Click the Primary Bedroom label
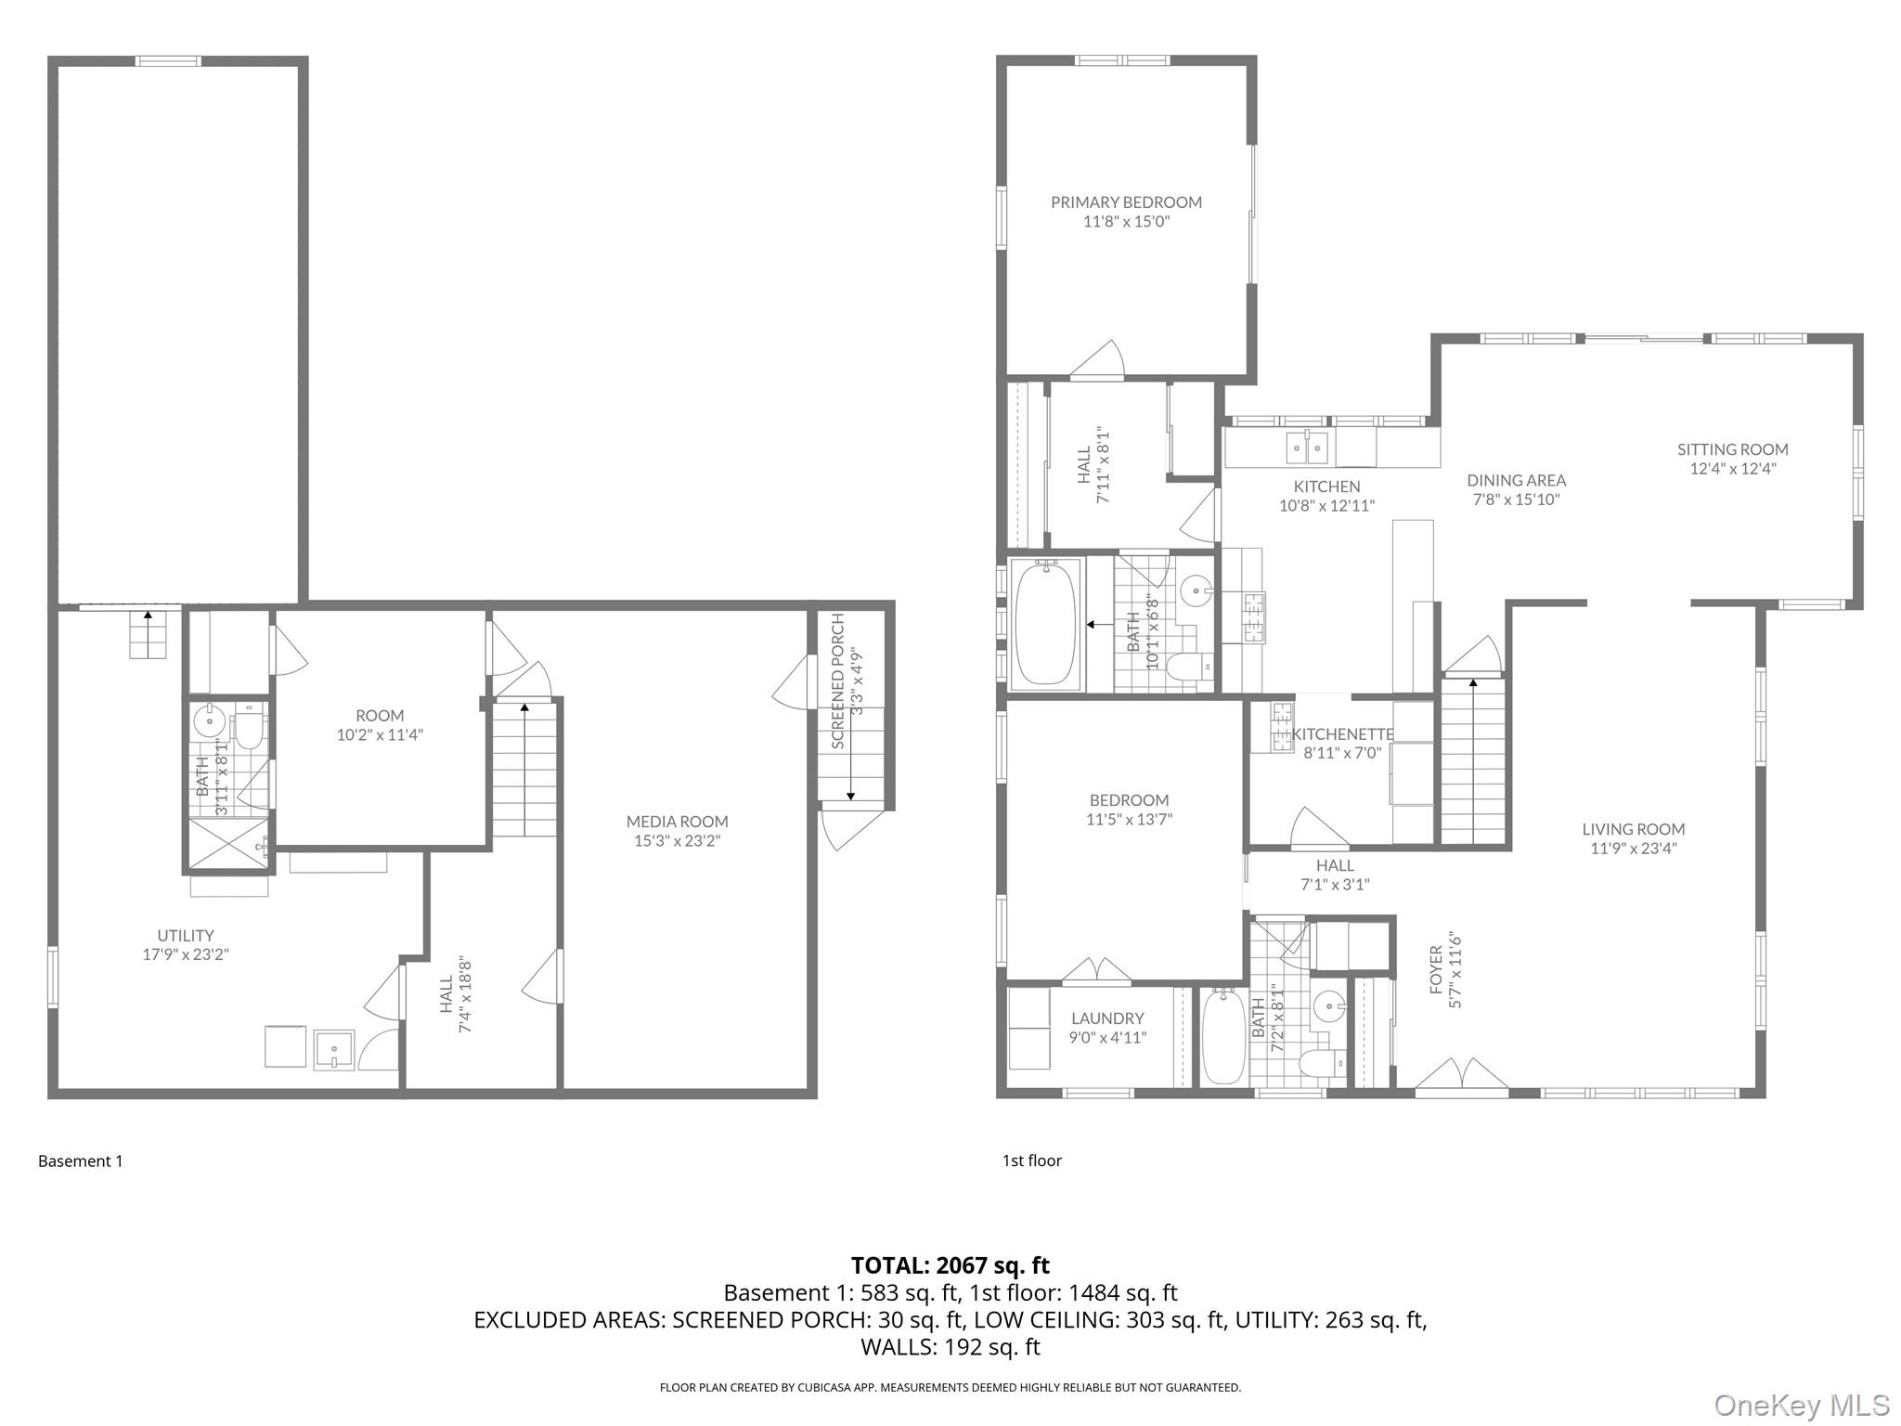click(x=1126, y=202)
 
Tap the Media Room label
click(x=677, y=822)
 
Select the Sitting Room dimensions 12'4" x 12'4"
click(x=1732, y=469)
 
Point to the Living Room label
click(x=1634, y=829)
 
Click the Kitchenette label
click(x=1343, y=734)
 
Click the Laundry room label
click(x=1107, y=1018)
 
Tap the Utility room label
click(x=186, y=936)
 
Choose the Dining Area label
click(x=1516, y=480)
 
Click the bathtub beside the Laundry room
click(x=1223, y=1036)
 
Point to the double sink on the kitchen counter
click(x=1307, y=447)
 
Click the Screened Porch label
click(x=838, y=681)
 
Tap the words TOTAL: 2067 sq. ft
click(x=950, y=1264)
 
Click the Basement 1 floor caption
click(x=80, y=1160)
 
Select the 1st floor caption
click(x=1031, y=1160)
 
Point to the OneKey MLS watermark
click(x=1802, y=1405)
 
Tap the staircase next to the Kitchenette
click(x=1472, y=760)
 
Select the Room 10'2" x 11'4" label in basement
click(x=380, y=725)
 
